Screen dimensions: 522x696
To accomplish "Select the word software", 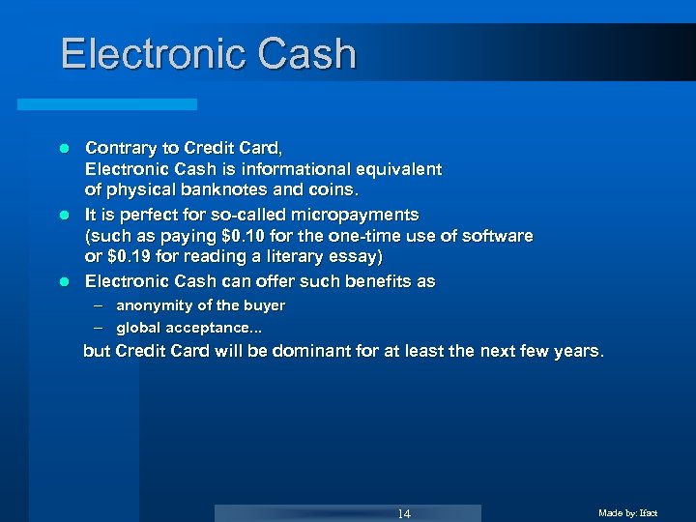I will (497, 236).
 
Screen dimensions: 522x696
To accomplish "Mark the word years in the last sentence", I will (575, 351).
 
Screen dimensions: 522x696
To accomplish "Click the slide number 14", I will (404, 513).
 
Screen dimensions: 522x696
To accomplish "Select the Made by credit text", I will (627, 512).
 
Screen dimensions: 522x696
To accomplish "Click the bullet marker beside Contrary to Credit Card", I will (63, 149).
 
